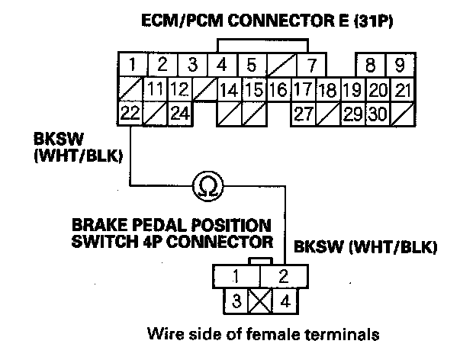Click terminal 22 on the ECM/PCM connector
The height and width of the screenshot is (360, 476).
pos(130,114)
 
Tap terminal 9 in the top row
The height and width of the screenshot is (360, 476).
pos(399,63)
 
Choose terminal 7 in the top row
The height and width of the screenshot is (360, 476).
pos(311,63)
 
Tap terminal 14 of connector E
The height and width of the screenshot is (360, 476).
pos(228,89)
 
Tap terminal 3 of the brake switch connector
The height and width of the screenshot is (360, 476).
pos(236,300)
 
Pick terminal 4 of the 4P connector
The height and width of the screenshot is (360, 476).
pos(286,300)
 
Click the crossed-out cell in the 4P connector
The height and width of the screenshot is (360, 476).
pos(261,300)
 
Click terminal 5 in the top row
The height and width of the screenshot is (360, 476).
pos(252,63)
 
